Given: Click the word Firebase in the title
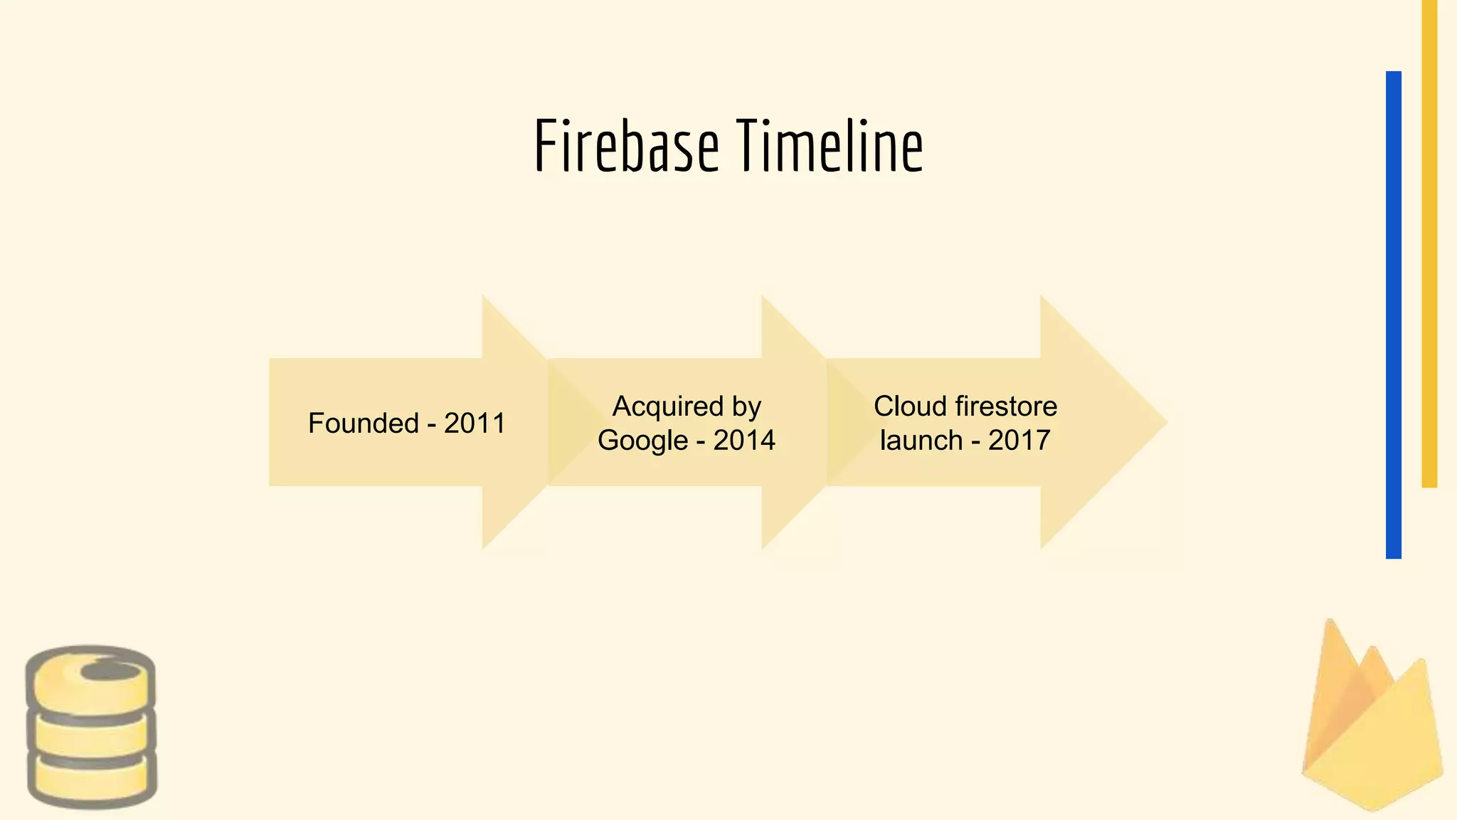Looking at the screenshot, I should coord(626,147).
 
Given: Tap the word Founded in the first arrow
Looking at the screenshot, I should coord(364,424).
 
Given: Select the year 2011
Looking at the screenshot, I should coord(475,424).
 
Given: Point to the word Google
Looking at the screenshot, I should coord(642,441).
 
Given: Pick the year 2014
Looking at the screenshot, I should coord(744,441).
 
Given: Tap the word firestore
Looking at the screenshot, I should coord(1006,406).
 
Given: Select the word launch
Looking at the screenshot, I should coord(921,441).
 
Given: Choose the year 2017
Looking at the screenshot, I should coord(1019,441).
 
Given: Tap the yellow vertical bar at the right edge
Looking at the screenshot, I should coord(1429,242).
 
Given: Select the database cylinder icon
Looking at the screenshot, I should coord(91,727).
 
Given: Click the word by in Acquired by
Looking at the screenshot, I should coord(746,406).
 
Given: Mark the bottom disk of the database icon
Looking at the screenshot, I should coord(92,780).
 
